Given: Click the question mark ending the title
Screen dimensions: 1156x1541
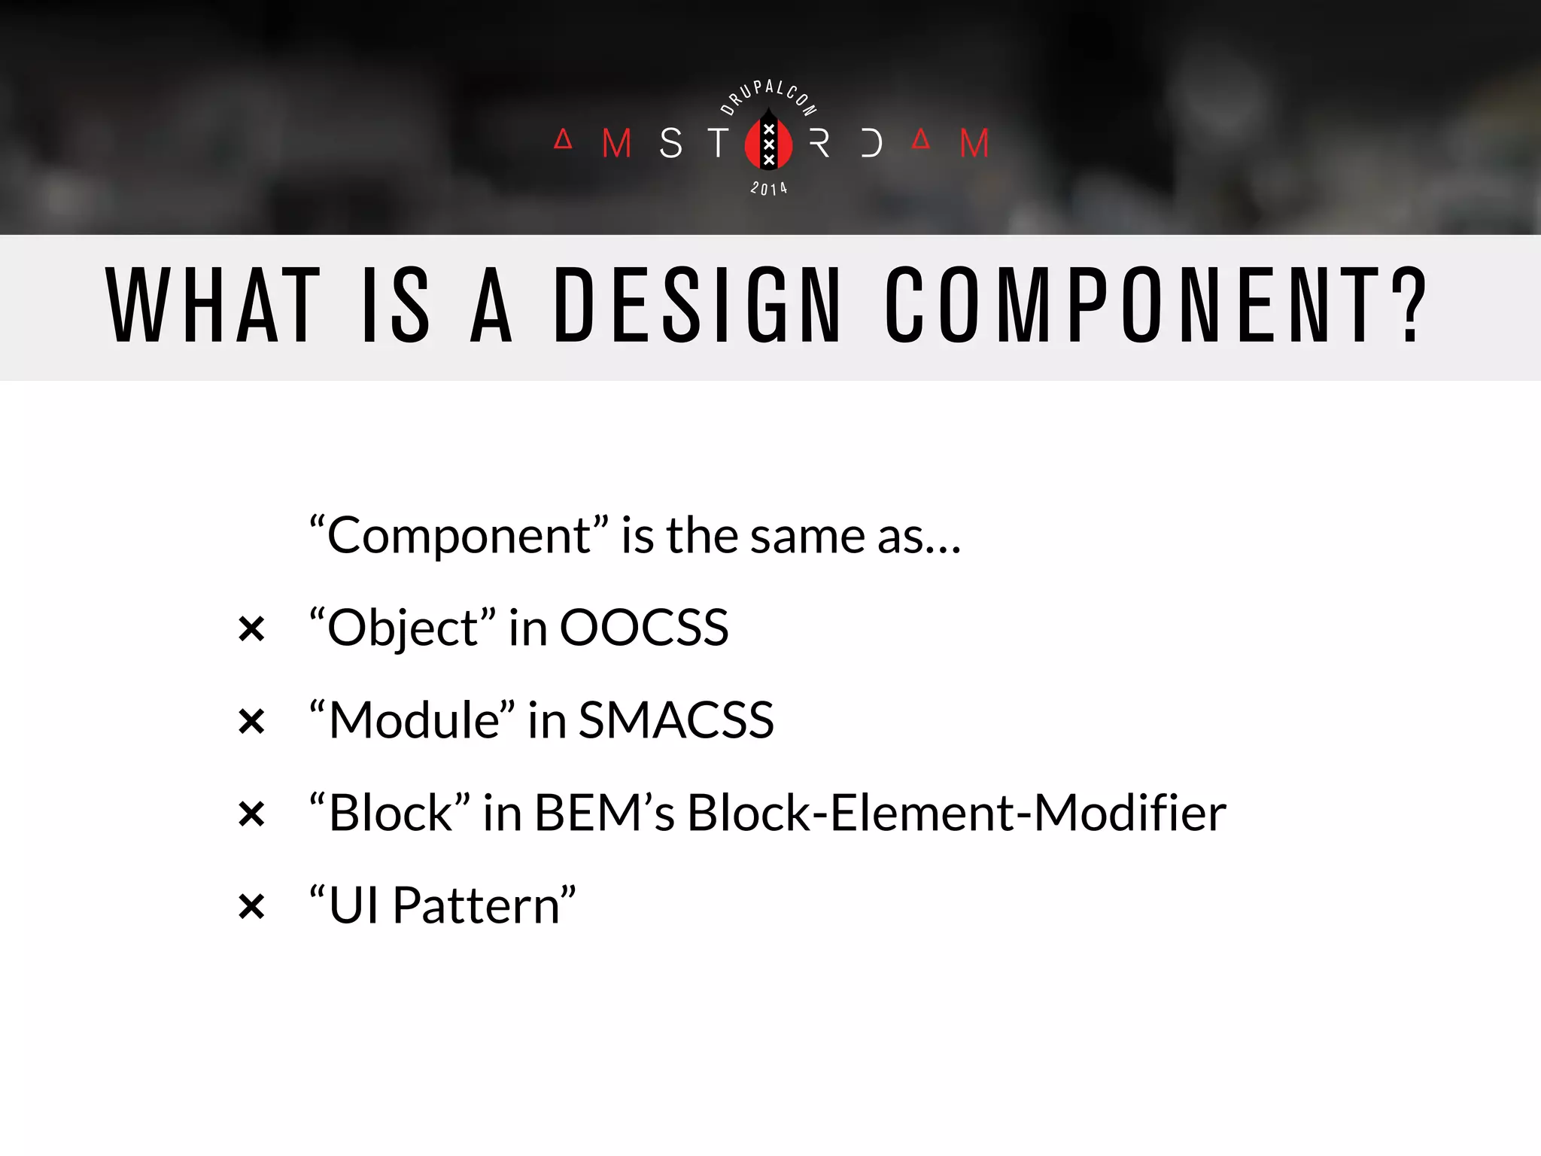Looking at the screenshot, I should click(x=1408, y=305).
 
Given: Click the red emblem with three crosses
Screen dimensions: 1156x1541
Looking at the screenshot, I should click(x=768, y=142).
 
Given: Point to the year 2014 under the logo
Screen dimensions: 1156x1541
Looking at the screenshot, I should click(x=768, y=188).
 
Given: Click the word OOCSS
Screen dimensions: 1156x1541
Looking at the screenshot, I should click(x=644, y=628).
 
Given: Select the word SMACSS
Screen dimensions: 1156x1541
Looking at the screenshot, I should click(x=676, y=720).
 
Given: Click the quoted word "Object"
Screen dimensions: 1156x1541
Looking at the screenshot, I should click(x=403, y=628).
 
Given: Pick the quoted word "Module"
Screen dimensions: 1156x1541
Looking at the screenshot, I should click(x=412, y=720).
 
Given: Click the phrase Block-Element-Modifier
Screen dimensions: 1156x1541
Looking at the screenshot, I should click(x=956, y=813).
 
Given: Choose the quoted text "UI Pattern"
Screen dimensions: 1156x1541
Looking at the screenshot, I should click(x=442, y=905).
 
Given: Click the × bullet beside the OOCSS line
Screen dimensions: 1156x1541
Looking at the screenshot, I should click(x=251, y=629).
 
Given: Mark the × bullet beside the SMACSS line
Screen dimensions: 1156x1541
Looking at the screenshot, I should click(x=251, y=722).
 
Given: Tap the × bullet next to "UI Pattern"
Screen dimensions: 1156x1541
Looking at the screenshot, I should click(x=251, y=906).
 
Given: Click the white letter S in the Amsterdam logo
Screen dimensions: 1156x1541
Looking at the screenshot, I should click(x=670, y=143).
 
